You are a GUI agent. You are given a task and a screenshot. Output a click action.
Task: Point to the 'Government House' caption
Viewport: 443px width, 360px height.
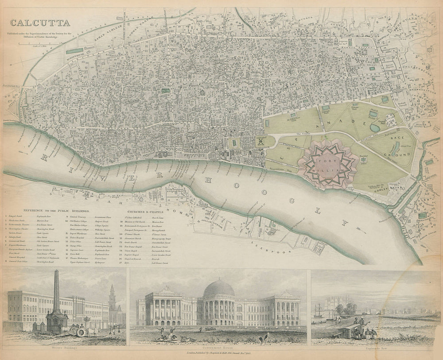pos(218,348)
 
